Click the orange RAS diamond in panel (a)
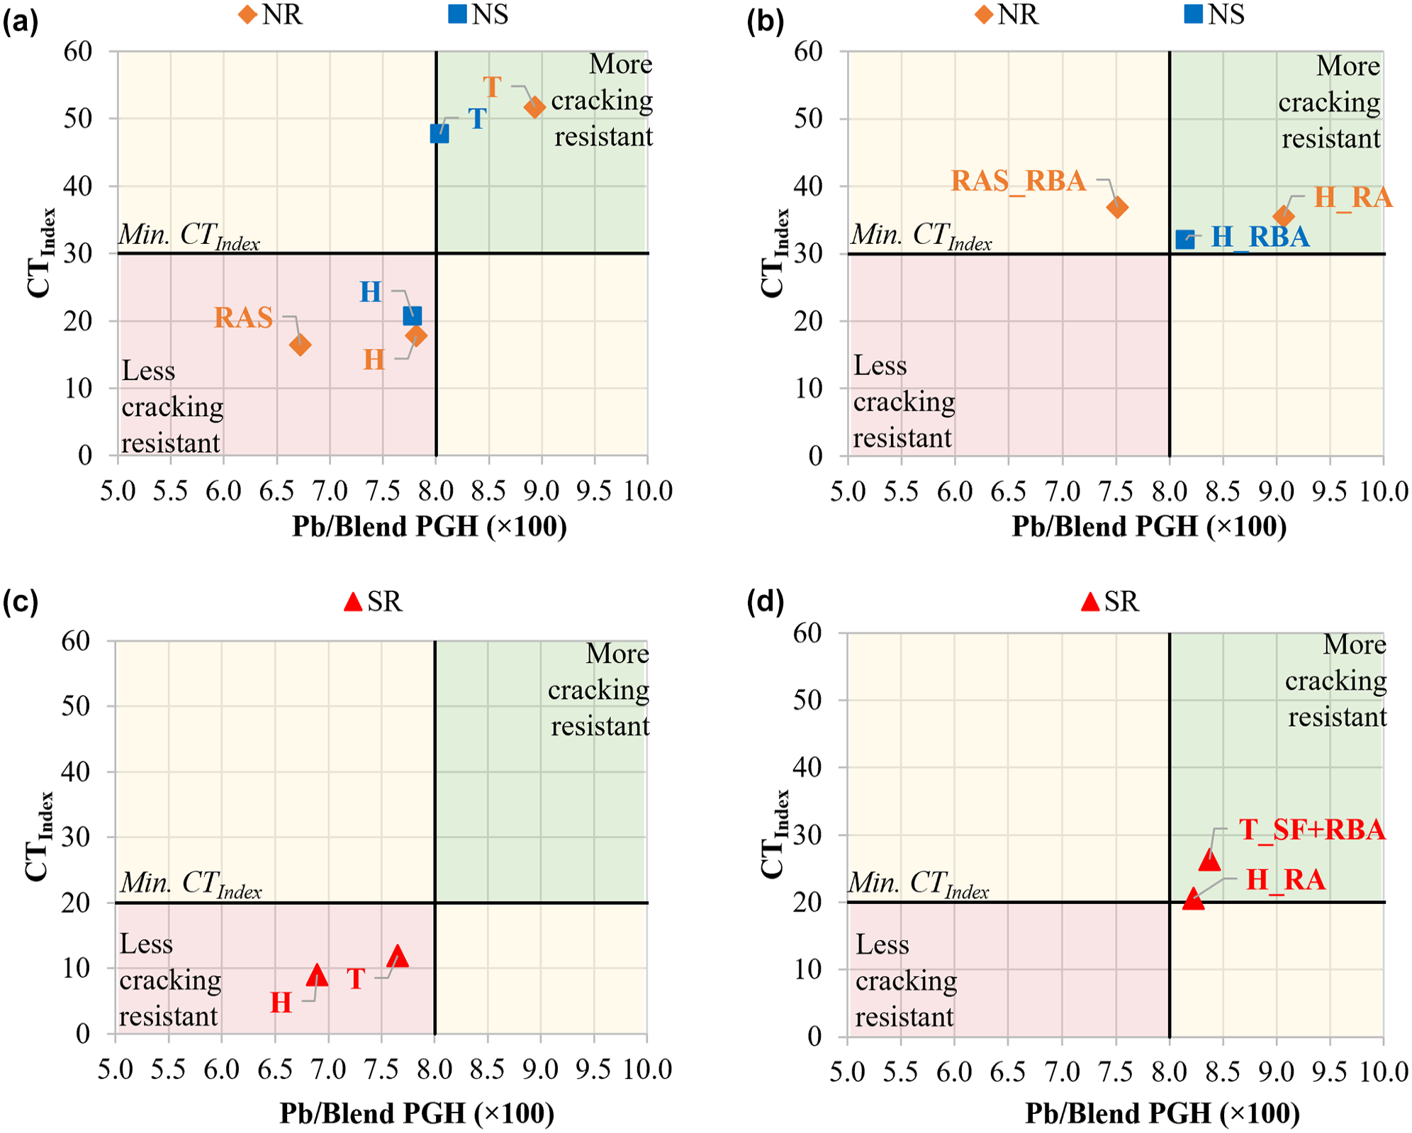[300, 345]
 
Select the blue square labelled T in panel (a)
[439, 133]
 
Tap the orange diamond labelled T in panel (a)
[534, 107]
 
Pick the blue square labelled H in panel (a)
[413, 316]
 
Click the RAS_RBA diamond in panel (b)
[1117, 208]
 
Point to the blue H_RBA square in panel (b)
[1185, 240]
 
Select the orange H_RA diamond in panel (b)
[1283, 216]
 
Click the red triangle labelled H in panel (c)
[318, 975]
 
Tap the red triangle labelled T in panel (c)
[398, 956]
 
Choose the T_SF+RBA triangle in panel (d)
[1209, 859]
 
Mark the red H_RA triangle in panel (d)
[1194, 898]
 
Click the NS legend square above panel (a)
[458, 14]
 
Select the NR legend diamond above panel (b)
[983, 14]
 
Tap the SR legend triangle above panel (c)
[353, 602]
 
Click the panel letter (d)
[766, 602]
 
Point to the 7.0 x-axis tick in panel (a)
[330, 491]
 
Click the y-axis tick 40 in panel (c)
[76, 771]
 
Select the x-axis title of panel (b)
[1149, 527]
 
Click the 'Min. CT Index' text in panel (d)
[919, 884]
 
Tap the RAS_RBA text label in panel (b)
[1019, 182]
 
